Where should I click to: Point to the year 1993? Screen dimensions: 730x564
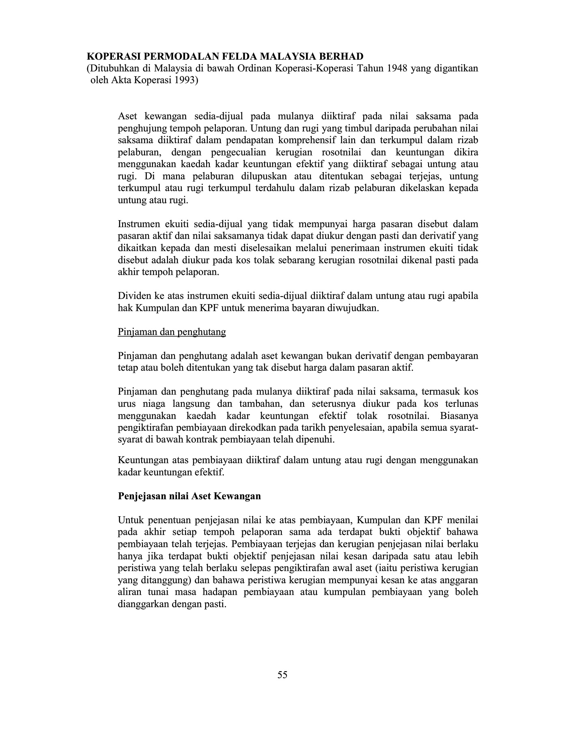(x=187, y=80)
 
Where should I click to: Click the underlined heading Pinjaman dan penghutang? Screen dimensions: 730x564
(x=172, y=332)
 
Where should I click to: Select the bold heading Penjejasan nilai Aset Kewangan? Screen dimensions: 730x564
(x=189, y=496)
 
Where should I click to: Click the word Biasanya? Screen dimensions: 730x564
(x=459, y=416)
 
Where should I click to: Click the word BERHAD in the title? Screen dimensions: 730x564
(x=343, y=56)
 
